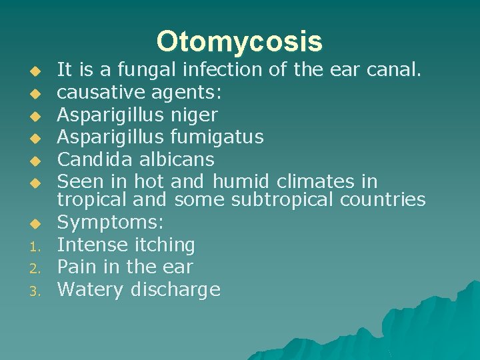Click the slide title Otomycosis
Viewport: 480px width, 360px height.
239,41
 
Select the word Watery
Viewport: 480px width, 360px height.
90,290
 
